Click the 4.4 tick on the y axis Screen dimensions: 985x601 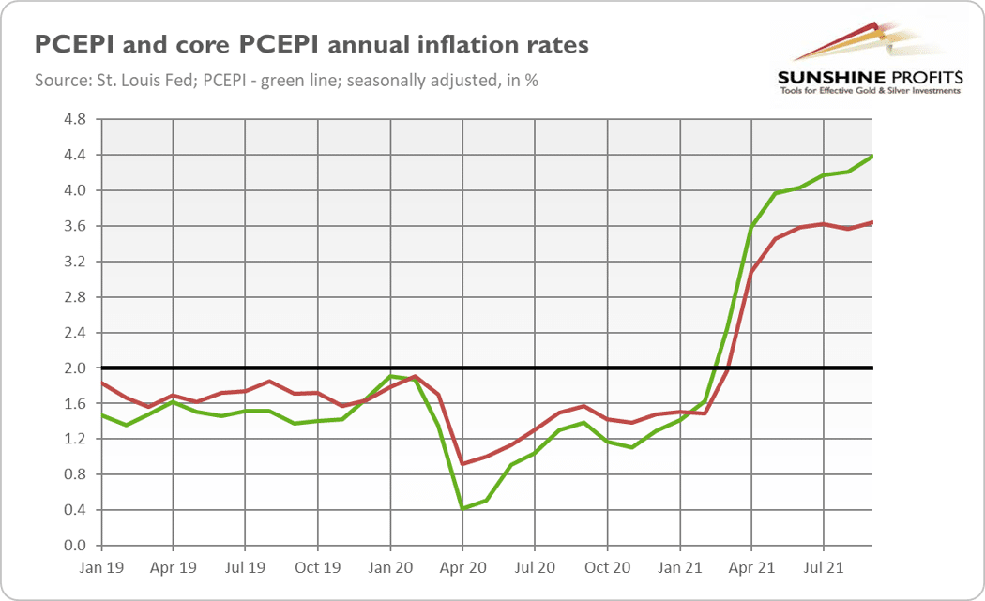(x=75, y=155)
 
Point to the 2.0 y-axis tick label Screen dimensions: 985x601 (x=75, y=368)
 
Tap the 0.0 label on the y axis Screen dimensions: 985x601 (x=75, y=546)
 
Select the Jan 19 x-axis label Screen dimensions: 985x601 (x=101, y=568)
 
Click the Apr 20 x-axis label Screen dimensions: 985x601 (x=463, y=568)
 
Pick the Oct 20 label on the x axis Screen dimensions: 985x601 (x=608, y=568)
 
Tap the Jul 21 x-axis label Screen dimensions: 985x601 (x=824, y=568)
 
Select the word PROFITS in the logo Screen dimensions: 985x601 (x=923, y=78)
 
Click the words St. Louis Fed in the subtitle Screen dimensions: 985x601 (x=145, y=81)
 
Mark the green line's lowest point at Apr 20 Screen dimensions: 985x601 (x=463, y=508)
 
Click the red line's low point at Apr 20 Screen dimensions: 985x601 (x=463, y=464)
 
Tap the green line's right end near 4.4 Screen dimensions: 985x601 (x=871, y=157)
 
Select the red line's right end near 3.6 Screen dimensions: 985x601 (x=871, y=222)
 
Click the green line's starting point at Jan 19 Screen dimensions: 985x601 (x=102, y=415)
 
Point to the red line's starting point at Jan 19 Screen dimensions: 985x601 (x=102, y=383)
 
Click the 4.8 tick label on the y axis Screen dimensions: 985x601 (x=75, y=119)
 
